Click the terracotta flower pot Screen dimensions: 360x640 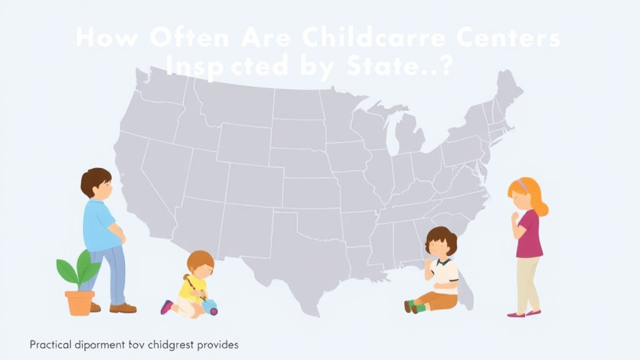click(79, 302)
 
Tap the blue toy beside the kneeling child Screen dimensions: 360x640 click(210, 307)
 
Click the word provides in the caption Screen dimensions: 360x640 click(218, 344)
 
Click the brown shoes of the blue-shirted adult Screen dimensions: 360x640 click(122, 307)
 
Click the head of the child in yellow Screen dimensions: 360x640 click(200, 263)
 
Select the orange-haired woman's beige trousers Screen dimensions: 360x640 click(527, 284)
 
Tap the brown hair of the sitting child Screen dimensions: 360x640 click(441, 237)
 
